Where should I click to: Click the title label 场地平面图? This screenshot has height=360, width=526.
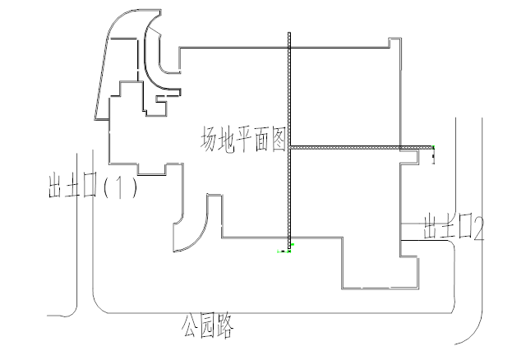pos(243,140)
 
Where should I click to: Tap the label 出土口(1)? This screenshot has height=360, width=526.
pos(93,185)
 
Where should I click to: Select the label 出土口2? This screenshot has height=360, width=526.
pos(454,227)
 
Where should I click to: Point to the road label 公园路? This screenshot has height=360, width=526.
pos(207,325)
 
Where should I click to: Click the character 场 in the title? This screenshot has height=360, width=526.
pos(208,139)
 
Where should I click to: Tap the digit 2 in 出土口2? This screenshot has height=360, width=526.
pos(478,228)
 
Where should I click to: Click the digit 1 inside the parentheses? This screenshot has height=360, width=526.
pos(119,187)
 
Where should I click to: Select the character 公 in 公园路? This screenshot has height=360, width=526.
pos(189,325)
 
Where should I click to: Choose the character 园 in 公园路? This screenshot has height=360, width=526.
pos(207,326)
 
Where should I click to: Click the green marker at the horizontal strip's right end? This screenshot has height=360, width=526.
pos(433,147)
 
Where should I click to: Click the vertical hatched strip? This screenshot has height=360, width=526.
pos(289,141)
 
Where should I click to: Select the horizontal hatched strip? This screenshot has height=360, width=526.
pos(361,147)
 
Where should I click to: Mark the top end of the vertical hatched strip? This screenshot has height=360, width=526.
pos(289,33)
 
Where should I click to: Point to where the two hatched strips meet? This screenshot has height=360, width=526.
pos(289,147)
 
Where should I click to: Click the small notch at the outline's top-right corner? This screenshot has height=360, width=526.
pos(394,43)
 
